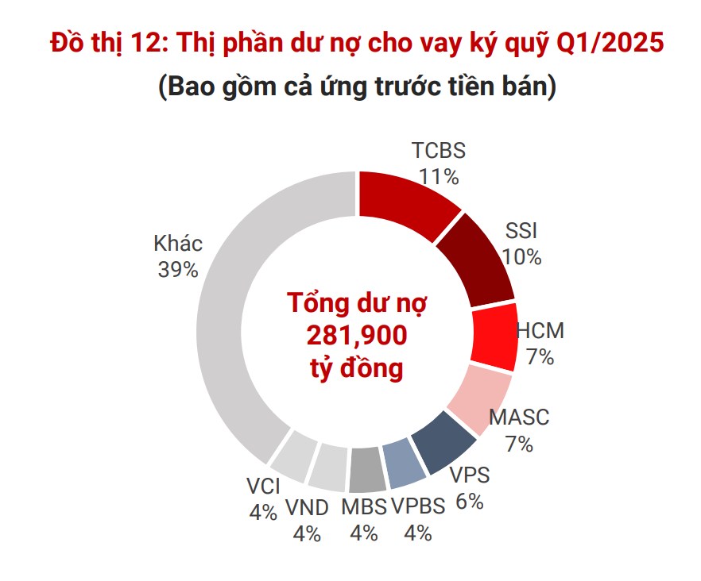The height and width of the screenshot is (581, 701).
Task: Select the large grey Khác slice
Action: [230, 317]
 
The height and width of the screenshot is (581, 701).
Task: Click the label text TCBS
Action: [439, 151]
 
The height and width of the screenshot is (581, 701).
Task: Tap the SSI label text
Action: [521, 231]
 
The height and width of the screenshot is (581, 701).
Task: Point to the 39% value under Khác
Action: [178, 269]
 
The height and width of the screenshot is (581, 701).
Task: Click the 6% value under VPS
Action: [470, 502]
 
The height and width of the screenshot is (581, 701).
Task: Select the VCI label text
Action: [263, 486]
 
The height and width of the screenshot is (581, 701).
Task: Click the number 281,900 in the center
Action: [357, 336]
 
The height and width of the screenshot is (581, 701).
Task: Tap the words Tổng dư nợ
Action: [357, 304]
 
